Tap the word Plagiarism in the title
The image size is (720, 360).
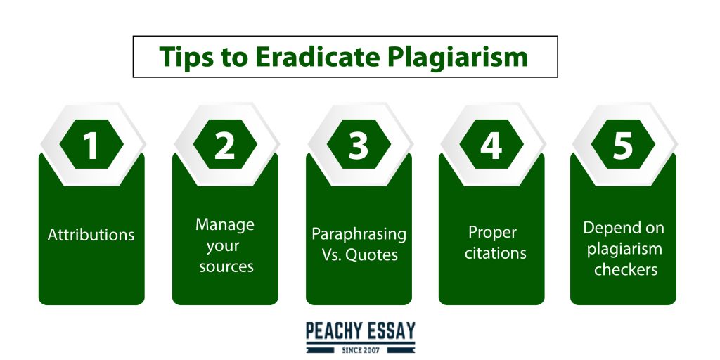point(457,58)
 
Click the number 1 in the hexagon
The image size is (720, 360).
point(91,144)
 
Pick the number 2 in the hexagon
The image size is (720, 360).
point(224,144)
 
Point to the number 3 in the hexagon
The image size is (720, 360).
point(358,144)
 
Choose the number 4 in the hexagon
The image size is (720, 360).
point(491,144)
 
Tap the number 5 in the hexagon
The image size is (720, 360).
point(623,144)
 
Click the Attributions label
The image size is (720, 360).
point(91,235)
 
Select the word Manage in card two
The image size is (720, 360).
point(224,225)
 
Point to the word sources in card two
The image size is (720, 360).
point(226,266)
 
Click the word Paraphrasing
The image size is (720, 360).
point(359,234)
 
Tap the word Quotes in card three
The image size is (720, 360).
point(371,255)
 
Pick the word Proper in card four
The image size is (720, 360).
point(492,232)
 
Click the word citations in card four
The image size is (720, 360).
point(495,253)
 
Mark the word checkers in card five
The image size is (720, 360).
point(625,269)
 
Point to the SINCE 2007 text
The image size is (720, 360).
point(361,350)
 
